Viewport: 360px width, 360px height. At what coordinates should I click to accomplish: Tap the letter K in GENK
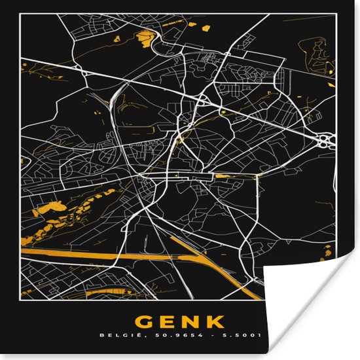pyautogui.click(x=215, y=323)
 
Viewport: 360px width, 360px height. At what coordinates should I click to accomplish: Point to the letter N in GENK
pyautogui.click(x=191, y=323)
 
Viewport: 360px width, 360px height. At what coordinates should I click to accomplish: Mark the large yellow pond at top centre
pyautogui.click(x=143, y=39)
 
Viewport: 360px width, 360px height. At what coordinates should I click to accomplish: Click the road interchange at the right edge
pyautogui.click(x=325, y=139)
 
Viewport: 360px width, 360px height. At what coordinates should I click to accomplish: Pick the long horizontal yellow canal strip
pyautogui.click(x=92, y=255)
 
